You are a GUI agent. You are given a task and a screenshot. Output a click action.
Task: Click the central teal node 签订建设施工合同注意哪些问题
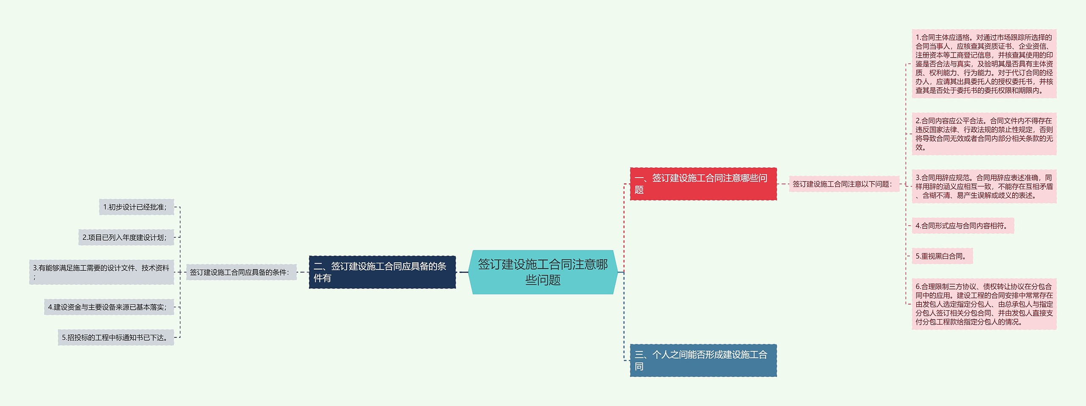tap(543, 272)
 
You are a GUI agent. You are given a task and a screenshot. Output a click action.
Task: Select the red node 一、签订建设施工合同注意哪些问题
tap(703, 184)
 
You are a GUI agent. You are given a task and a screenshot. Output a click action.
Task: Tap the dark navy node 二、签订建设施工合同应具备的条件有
tap(382, 272)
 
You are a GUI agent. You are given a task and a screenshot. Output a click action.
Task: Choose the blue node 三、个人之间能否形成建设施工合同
tap(703, 360)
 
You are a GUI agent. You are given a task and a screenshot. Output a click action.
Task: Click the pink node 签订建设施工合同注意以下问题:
tap(843, 184)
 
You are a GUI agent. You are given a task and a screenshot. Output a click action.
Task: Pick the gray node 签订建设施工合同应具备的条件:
tap(241, 272)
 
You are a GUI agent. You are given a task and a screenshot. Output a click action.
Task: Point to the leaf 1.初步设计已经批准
tap(136, 207)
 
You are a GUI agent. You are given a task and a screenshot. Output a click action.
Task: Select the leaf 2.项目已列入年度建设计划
tap(126, 237)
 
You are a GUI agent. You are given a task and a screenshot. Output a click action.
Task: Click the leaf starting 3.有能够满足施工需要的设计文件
tap(101, 272)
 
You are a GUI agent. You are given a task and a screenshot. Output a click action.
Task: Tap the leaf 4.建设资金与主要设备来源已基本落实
tap(109, 307)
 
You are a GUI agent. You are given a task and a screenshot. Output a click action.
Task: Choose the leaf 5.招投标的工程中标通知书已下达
tap(116, 337)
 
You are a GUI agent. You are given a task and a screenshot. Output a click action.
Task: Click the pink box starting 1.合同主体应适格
tap(984, 64)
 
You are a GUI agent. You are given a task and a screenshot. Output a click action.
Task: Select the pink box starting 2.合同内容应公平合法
tap(984, 134)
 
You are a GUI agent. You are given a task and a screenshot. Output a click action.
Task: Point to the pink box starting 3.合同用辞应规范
tap(984, 186)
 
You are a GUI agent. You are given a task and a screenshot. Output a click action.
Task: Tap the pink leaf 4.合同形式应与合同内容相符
tap(963, 226)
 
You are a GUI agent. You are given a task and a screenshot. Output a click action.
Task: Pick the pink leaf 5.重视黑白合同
tap(942, 256)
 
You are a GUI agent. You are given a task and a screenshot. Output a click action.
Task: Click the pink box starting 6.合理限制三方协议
tap(984, 304)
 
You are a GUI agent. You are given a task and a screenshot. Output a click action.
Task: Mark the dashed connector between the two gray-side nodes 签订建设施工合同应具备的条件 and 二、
tap(303, 272)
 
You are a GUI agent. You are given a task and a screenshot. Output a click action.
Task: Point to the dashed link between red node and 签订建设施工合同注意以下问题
tap(783, 184)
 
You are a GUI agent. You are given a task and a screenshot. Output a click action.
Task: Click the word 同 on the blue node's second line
tap(639, 366)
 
